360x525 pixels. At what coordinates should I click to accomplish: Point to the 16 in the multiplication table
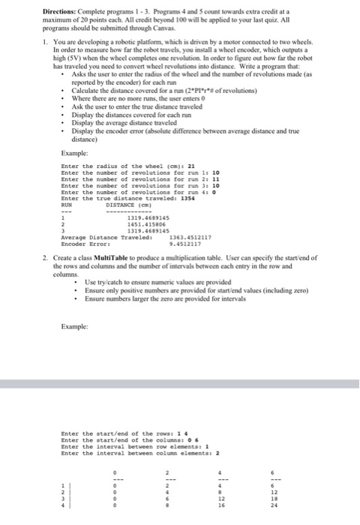(x=239, y=505)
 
